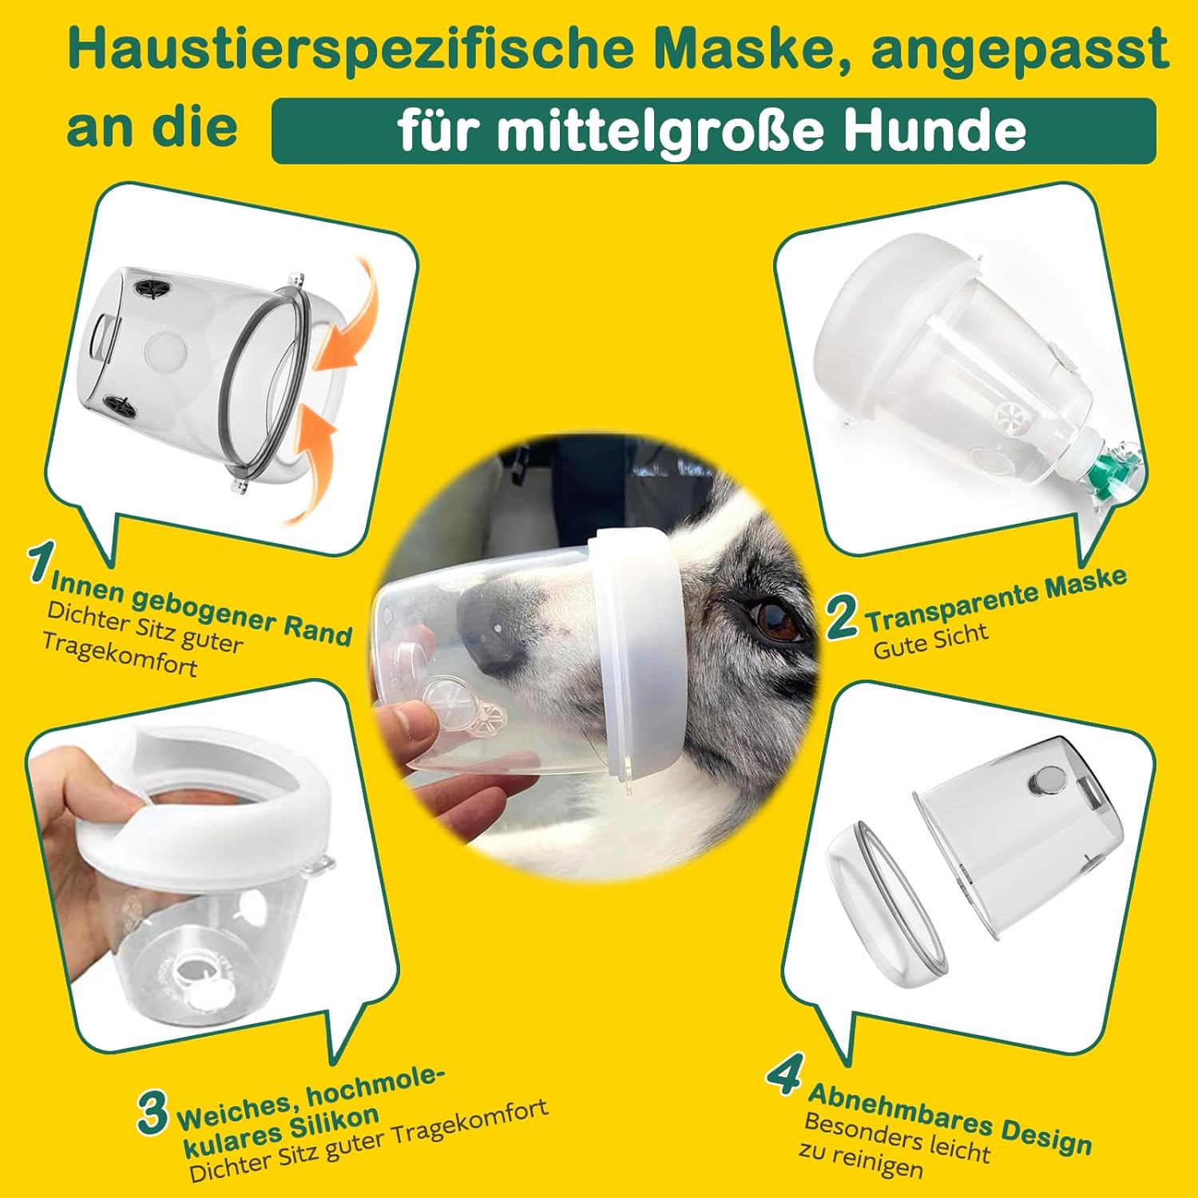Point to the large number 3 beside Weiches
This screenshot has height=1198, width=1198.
152,1113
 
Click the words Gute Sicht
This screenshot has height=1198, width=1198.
930,641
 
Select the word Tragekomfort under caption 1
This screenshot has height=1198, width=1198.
119,654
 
